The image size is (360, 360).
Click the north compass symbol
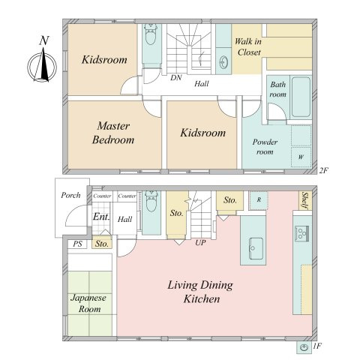42,67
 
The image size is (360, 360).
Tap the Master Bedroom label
113,133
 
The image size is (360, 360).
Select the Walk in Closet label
248,46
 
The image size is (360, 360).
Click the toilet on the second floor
151,34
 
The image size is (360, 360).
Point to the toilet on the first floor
151,202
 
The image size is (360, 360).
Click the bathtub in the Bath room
301,97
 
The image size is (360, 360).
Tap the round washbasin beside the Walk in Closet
223,61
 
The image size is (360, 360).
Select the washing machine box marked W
301,157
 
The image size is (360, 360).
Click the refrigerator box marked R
259,200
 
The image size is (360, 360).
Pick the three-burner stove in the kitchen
302,233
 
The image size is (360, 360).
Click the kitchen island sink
256,248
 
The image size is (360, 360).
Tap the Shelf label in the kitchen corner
305,200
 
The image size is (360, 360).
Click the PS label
77,244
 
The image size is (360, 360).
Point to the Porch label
70,195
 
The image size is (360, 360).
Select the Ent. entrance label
101,217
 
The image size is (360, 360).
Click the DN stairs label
176,77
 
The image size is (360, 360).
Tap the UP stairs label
200,242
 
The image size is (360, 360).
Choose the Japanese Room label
88,303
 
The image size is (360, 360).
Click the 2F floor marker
323,170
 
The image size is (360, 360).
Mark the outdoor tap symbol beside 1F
304,347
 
